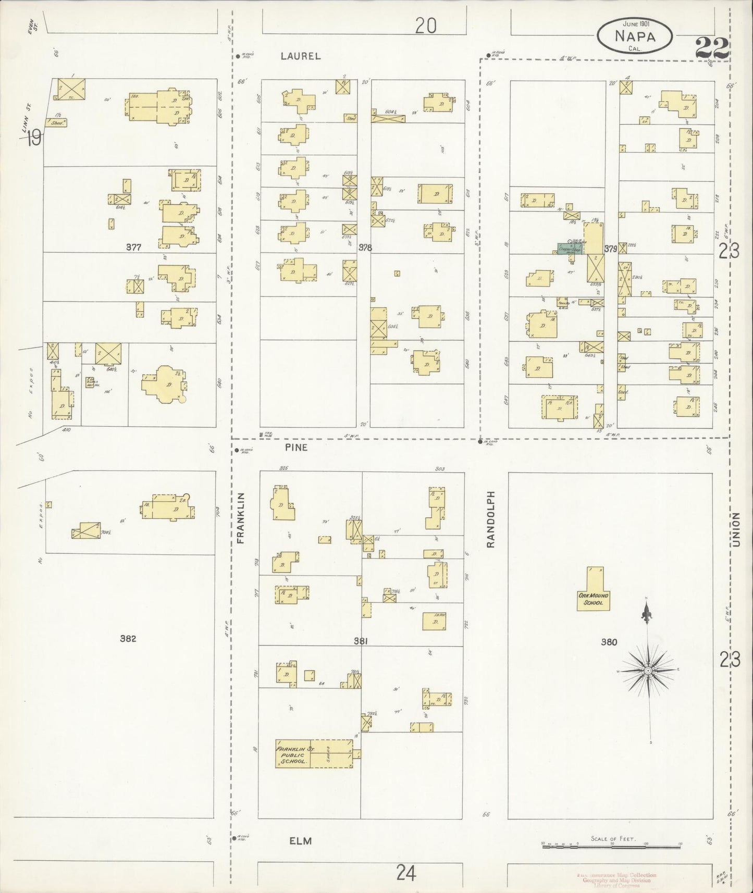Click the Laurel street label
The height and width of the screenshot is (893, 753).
[x=301, y=56]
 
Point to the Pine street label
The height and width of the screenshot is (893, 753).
[x=297, y=448]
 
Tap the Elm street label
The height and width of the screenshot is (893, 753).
[x=301, y=841]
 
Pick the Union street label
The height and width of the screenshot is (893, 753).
[x=736, y=529]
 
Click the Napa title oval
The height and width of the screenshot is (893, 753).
[x=634, y=36]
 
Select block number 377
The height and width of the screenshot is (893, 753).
[x=134, y=247]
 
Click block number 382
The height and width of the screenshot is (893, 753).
[x=128, y=638]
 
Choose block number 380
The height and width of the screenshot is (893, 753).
[x=609, y=642]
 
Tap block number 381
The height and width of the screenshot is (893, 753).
[x=361, y=641]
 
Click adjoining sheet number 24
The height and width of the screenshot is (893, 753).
[x=405, y=872]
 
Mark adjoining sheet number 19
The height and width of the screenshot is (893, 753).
[x=34, y=139]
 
